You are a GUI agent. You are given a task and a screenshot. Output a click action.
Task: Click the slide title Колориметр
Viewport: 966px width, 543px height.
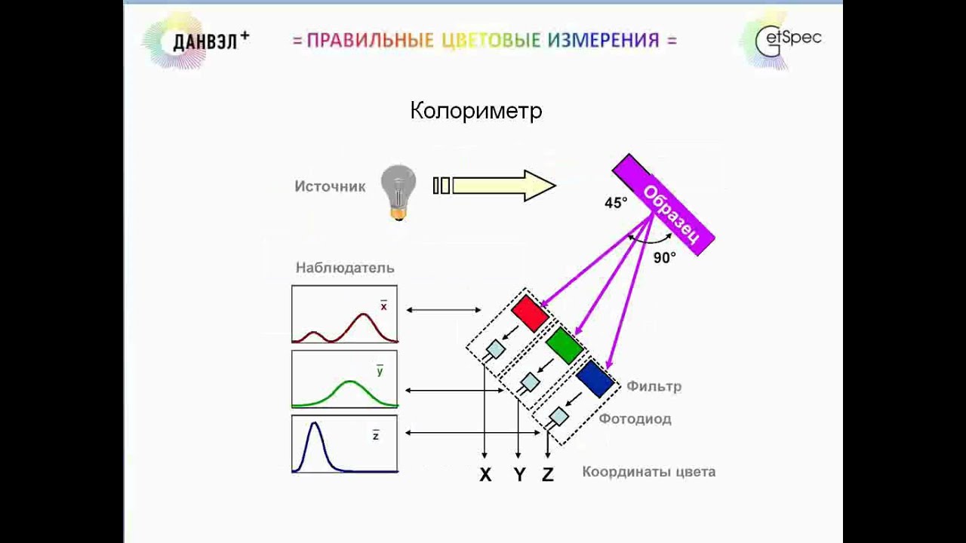tap(476, 112)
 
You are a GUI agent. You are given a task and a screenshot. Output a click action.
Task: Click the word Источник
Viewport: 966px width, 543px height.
tap(330, 186)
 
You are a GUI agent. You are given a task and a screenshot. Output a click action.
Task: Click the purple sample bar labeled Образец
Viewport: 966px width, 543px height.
tap(663, 204)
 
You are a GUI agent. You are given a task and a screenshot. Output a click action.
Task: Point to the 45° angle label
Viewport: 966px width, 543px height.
tap(616, 203)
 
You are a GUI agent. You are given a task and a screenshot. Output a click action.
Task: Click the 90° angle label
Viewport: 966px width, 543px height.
tap(664, 258)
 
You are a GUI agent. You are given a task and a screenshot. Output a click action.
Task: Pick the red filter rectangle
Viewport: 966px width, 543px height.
tap(530, 313)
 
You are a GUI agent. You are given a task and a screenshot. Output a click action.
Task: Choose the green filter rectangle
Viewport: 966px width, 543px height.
tap(564, 345)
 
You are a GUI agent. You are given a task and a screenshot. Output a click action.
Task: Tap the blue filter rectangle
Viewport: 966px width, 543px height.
tap(595, 378)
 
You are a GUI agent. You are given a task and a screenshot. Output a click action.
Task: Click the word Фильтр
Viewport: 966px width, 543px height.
tap(654, 386)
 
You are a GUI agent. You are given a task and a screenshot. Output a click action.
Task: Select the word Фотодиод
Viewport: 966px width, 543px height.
tap(635, 419)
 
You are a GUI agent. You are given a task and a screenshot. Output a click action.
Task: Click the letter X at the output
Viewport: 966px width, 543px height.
tap(485, 475)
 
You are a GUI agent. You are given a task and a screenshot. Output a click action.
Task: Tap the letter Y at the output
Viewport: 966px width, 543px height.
tap(519, 475)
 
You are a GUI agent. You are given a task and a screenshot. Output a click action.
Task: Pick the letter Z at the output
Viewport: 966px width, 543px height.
tap(548, 475)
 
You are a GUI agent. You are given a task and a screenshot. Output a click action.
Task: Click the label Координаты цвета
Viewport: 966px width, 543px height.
tap(648, 472)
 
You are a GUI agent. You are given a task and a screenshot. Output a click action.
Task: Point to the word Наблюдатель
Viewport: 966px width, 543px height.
tap(345, 268)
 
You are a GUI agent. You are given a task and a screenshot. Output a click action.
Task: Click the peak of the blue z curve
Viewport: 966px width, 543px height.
tap(315, 425)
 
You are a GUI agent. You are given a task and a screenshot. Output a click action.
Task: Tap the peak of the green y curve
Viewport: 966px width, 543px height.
tap(351, 382)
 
